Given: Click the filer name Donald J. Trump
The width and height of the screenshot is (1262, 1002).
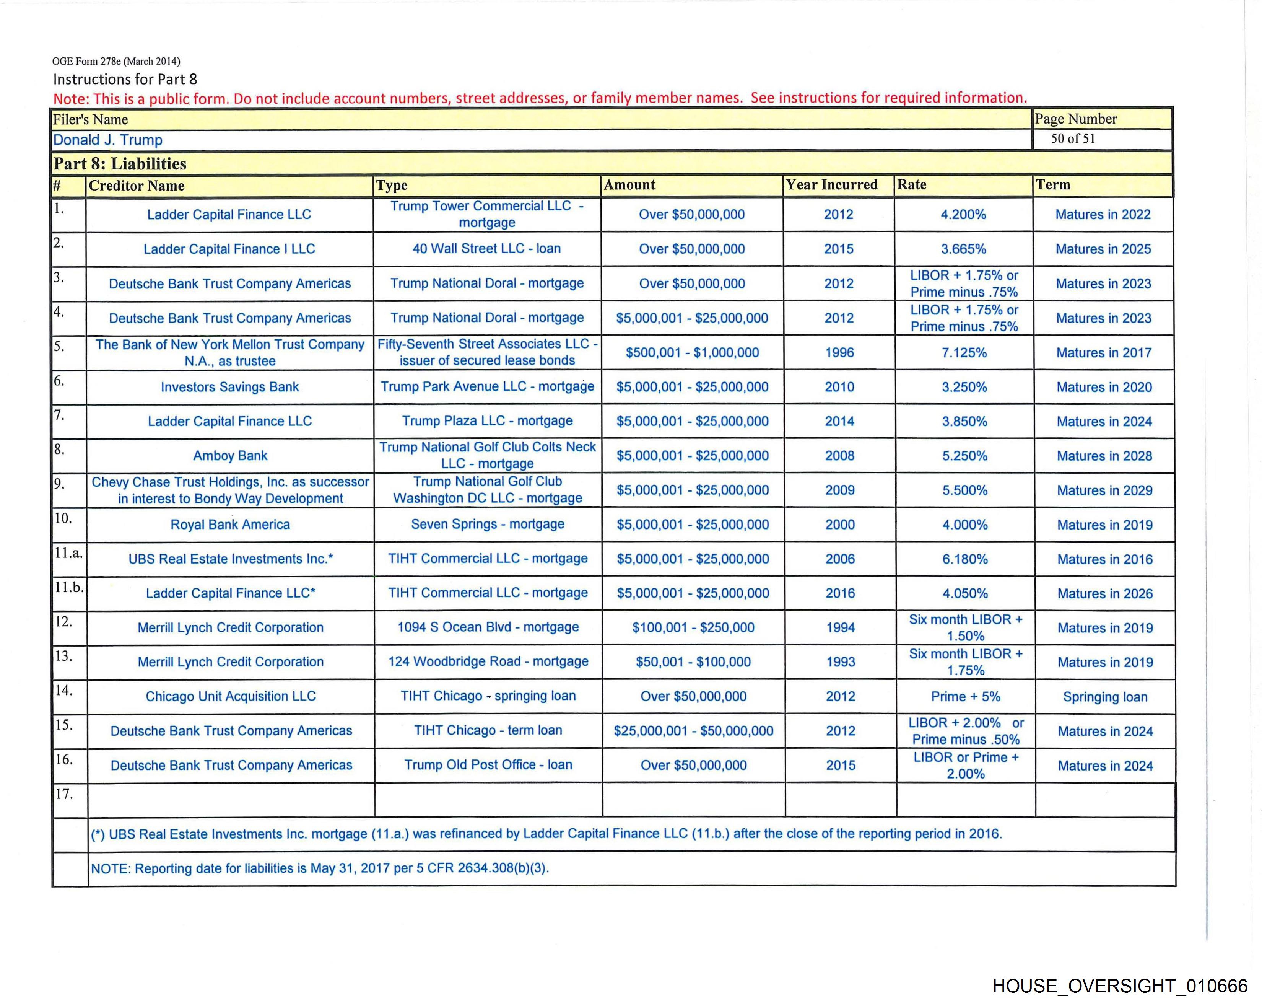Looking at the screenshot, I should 108,140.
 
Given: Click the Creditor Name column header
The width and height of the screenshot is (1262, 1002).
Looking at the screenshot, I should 137,186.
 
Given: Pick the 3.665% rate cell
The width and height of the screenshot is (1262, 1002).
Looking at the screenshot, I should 963,249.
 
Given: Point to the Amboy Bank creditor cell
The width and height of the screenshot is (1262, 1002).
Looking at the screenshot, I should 230,456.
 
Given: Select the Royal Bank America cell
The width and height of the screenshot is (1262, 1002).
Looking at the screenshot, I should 230,525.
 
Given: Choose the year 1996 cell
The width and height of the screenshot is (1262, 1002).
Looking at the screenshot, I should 839,352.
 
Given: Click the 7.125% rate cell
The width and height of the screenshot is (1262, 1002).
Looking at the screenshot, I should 964,352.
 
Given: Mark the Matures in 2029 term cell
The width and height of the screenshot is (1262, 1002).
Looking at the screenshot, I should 1104,491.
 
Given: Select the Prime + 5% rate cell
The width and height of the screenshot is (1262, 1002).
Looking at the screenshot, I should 965,696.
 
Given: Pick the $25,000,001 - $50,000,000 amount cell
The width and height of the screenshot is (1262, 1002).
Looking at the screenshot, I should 693,731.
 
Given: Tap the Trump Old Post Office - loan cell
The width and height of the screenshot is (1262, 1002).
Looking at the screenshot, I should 488,765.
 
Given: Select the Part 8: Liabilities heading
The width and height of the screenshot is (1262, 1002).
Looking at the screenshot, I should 120,164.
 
